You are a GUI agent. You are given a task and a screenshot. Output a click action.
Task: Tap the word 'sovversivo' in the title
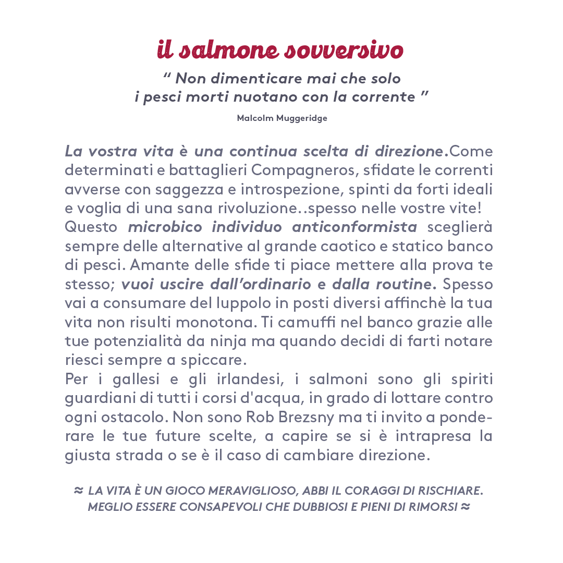344,50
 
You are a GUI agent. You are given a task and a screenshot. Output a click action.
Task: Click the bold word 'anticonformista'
354,227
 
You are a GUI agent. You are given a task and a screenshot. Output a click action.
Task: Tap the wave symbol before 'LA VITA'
78,491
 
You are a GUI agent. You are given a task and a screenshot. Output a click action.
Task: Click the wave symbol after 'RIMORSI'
466,506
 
